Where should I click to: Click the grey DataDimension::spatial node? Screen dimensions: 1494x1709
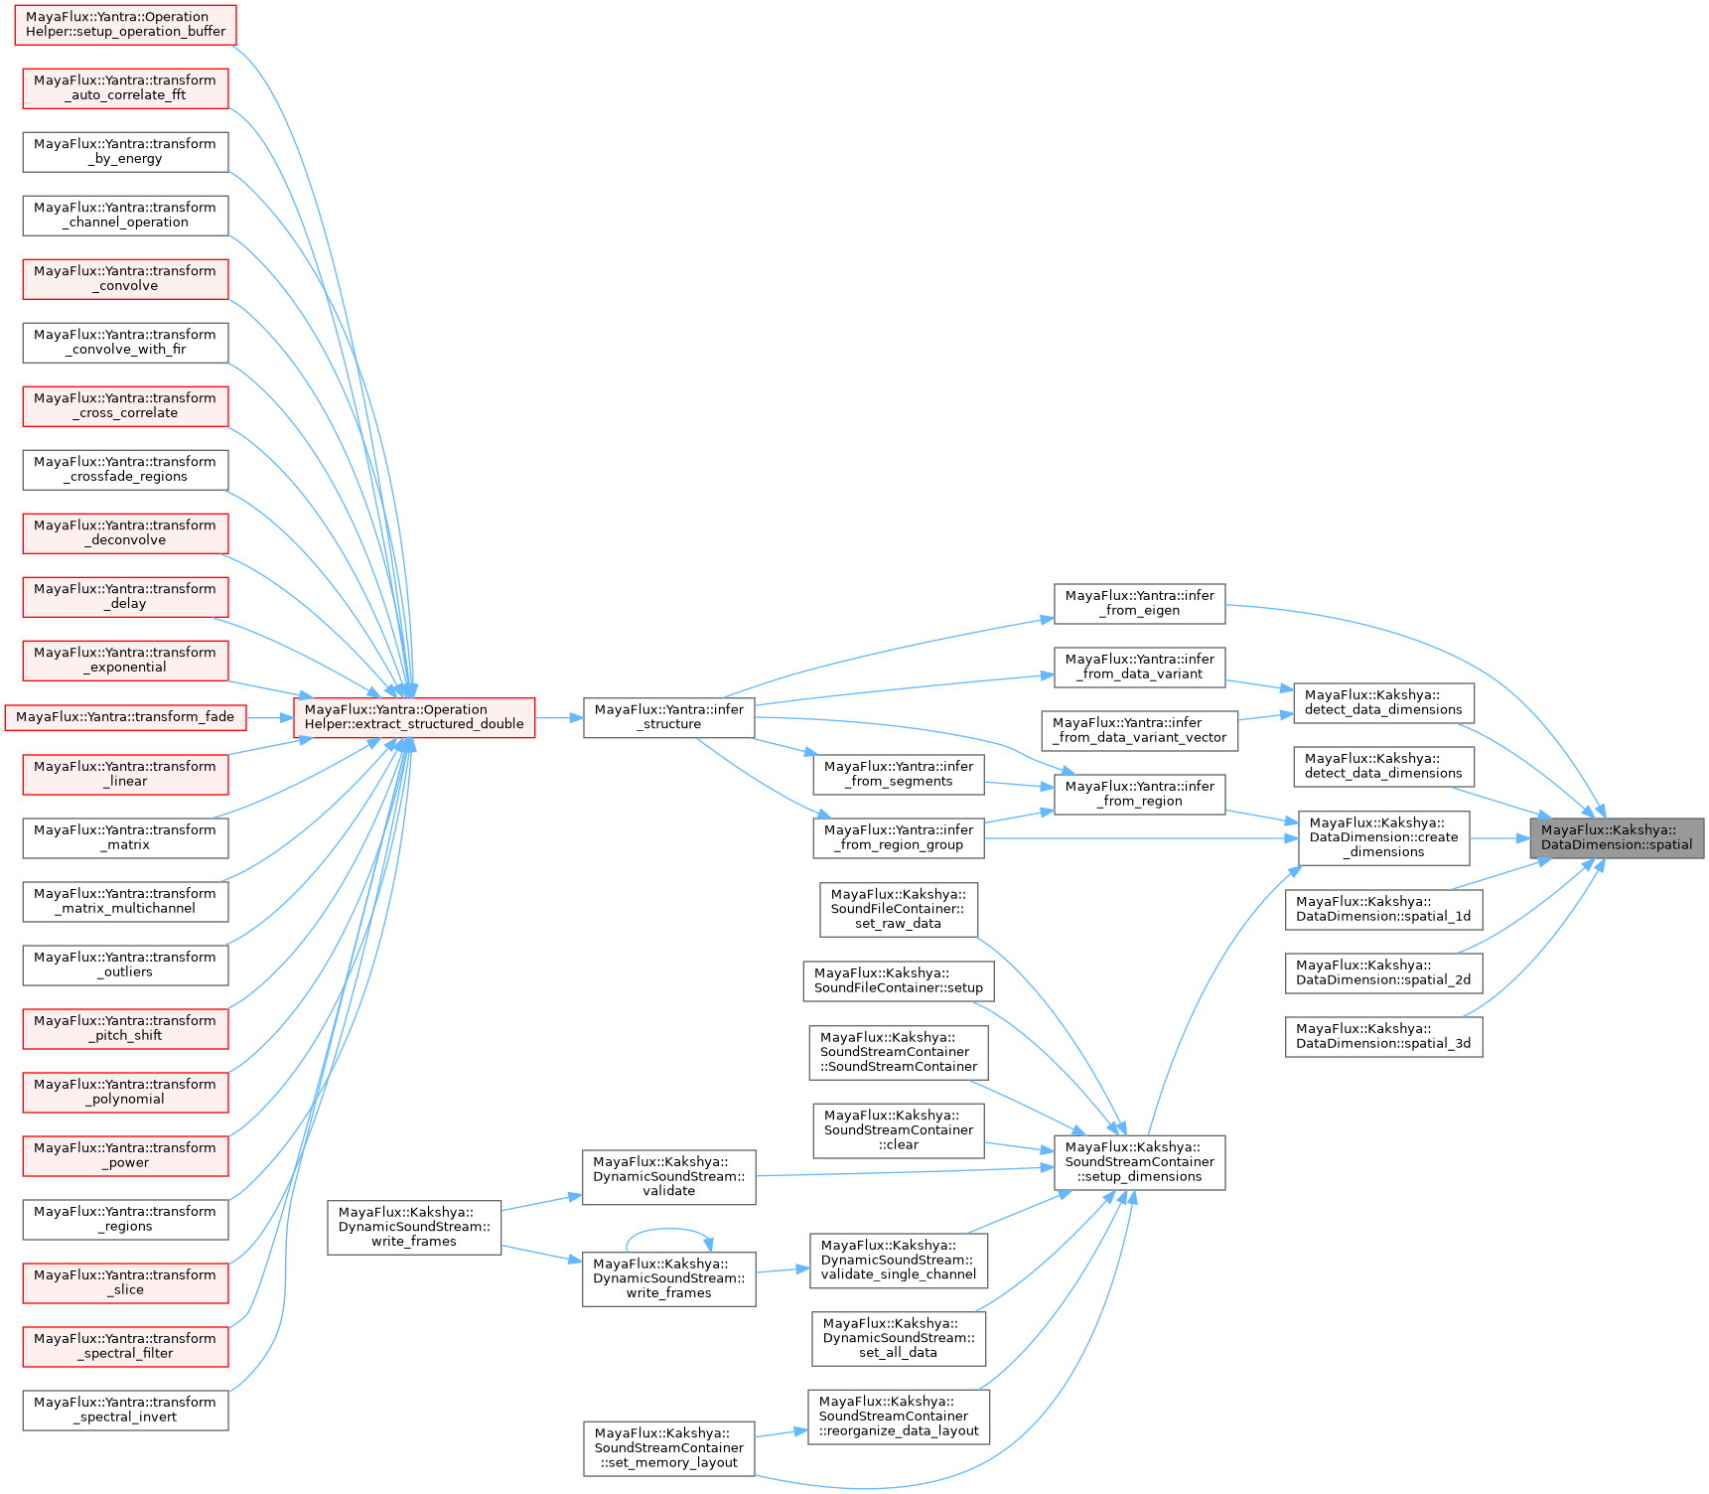[1617, 837]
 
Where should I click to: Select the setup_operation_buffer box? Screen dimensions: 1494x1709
[125, 24]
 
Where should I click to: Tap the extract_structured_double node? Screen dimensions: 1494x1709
[414, 717]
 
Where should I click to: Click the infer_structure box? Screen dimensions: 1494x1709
[668, 717]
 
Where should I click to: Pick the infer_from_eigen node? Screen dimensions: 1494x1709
[1139, 603]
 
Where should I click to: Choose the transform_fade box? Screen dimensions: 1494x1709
[125, 717]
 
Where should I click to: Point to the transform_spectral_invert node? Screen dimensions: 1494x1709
[125, 1410]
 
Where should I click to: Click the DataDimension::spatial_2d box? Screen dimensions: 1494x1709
[1383, 972]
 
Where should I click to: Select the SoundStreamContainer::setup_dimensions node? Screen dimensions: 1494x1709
[1139, 1162]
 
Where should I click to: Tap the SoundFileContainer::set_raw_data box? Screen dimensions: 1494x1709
[898, 909]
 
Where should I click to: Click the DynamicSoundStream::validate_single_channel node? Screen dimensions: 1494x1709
[898, 1260]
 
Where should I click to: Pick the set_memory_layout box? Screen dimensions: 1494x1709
[668, 1448]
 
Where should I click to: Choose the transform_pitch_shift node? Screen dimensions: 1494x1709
[125, 1028]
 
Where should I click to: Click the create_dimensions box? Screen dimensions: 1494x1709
[1383, 837]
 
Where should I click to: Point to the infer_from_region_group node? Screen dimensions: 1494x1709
[898, 837]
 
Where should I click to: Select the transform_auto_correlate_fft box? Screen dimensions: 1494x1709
[125, 87]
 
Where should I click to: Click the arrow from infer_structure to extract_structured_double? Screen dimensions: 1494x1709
[559, 717]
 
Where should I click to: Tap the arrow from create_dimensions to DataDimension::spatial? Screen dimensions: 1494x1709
[1499, 838]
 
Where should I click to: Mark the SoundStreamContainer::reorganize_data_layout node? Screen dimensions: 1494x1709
[898, 1417]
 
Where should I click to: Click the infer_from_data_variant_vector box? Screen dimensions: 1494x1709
[1139, 730]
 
